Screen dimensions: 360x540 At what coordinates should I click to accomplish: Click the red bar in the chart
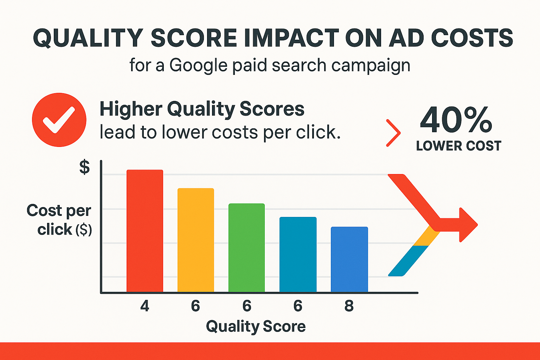click(x=145, y=231)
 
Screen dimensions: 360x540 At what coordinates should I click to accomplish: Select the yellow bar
click(x=196, y=240)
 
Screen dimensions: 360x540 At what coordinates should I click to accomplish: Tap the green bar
click(x=246, y=248)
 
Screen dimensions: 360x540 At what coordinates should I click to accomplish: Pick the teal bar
click(x=298, y=255)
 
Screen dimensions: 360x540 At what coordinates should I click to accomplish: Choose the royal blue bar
click(x=349, y=259)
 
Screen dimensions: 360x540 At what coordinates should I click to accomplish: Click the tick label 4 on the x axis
click(x=145, y=306)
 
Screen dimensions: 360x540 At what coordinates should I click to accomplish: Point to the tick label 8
click(x=349, y=306)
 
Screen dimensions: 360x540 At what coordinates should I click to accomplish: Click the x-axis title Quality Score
click(x=256, y=326)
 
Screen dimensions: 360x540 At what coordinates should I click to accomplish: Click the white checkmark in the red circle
click(x=59, y=120)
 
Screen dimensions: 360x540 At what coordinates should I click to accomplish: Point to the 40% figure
click(x=456, y=120)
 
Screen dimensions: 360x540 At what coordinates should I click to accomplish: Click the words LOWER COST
click(x=458, y=146)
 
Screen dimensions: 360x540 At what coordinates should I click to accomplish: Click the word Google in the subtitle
click(x=198, y=66)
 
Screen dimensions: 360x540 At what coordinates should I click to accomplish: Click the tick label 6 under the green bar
click(x=247, y=306)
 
